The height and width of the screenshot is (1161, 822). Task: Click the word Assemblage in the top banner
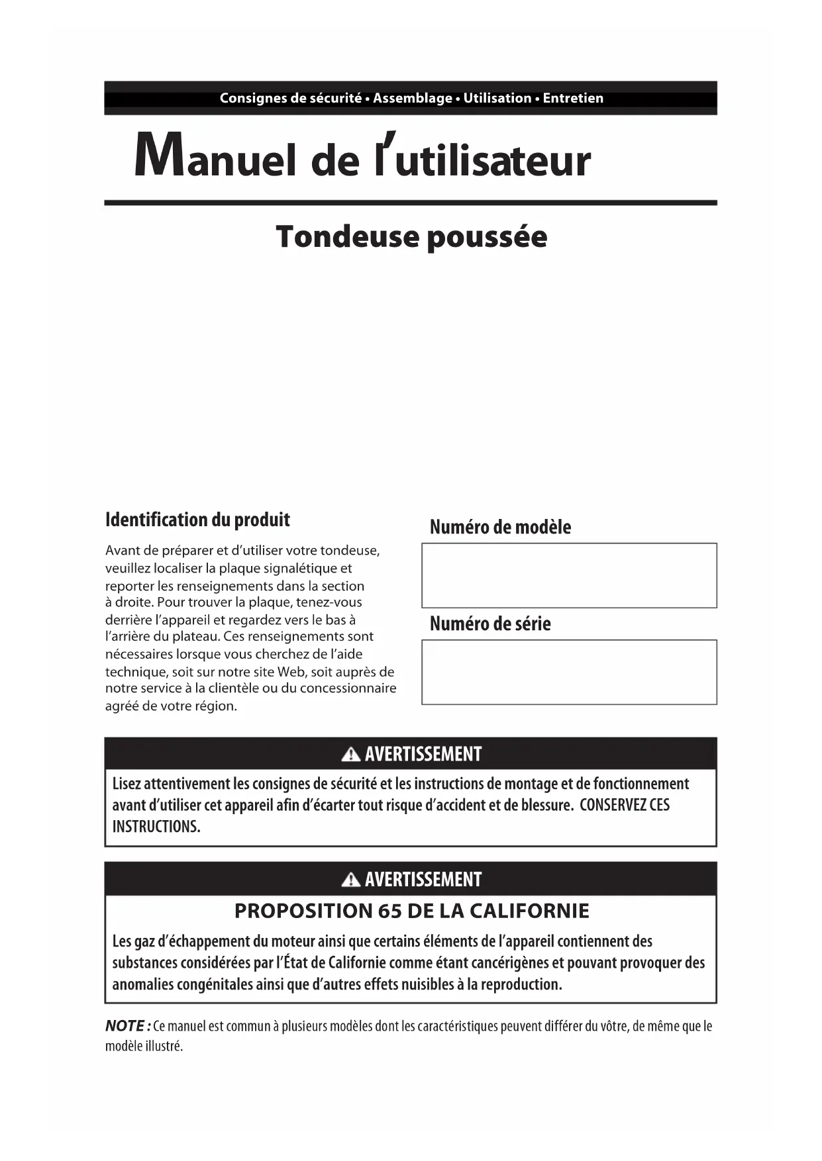pos(413,98)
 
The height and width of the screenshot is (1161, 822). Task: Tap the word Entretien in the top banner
pos(573,98)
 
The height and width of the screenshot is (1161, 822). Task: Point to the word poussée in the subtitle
pos(487,237)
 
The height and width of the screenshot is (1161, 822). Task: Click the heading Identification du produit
pos(197,520)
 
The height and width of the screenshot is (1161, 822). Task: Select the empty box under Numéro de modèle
pos(569,575)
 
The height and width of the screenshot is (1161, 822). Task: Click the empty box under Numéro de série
pos(569,672)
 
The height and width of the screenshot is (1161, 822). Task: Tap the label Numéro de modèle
pos(500,527)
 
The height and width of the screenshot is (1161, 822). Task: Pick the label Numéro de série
pos(490,624)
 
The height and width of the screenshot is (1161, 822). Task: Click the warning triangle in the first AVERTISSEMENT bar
pos(350,754)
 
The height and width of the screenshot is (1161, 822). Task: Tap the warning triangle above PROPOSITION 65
pos(350,880)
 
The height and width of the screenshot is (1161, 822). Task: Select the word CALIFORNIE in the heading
pos(529,911)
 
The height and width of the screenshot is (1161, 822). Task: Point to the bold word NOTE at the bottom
pos(125,1026)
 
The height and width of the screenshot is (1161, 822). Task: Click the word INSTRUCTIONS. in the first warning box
pos(156,827)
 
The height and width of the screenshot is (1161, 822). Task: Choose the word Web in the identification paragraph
pos(291,672)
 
